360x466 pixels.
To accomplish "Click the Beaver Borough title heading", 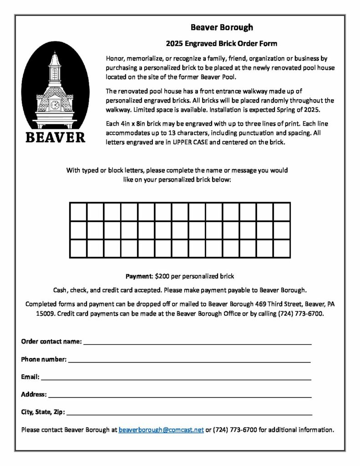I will click(x=222, y=27).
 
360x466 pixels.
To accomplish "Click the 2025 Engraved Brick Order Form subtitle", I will click(x=221, y=44).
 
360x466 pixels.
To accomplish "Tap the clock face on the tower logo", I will click(x=55, y=105).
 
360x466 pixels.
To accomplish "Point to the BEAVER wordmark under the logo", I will click(x=55, y=137).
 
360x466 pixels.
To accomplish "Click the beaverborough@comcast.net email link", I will click(x=161, y=430).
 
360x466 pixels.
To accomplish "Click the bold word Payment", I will click(x=139, y=276).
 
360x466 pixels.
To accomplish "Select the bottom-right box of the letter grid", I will click(x=282, y=248).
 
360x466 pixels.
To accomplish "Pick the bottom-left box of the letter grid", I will click(x=78, y=248).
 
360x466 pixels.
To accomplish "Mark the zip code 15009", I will click(x=46, y=314).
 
